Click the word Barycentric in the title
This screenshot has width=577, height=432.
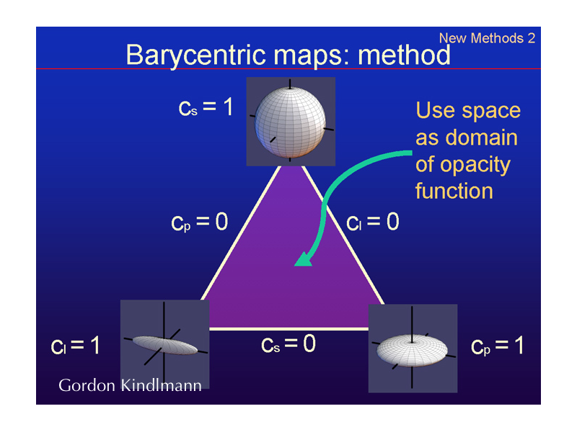point(195,55)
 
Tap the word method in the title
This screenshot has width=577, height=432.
point(404,55)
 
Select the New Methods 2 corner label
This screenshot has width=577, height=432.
point(488,38)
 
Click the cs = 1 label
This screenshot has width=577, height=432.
point(206,107)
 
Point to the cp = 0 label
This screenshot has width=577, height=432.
point(200,222)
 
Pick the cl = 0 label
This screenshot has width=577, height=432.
point(373,222)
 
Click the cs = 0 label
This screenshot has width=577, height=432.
point(288,344)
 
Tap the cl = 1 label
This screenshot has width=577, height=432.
point(76,346)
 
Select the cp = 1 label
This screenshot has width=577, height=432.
point(497,346)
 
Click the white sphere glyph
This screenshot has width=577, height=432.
point(290,122)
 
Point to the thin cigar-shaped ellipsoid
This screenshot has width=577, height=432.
point(165,346)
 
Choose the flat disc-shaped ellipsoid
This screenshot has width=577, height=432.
point(412,350)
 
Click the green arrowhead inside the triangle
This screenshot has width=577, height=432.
point(304,259)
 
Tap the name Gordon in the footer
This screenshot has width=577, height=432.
point(87,385)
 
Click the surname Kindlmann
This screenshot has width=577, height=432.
point(161,385)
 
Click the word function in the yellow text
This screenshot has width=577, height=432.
point(454,191)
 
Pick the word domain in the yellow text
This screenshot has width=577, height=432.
point(482,138)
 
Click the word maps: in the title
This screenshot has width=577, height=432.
point(312,56)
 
